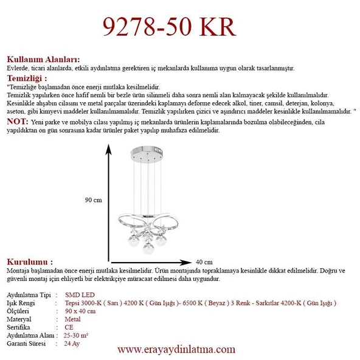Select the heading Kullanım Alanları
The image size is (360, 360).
pos(43,60)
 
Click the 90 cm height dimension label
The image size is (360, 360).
pos(93,200)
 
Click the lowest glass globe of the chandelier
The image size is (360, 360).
pos(146,248)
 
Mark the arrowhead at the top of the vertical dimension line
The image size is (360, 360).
pos(109,148)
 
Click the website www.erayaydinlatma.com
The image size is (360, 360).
pos(176,350)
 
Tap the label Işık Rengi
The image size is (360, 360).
pos(21,302)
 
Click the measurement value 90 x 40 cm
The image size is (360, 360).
pos(80,311)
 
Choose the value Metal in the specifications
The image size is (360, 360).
pos(72,319)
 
